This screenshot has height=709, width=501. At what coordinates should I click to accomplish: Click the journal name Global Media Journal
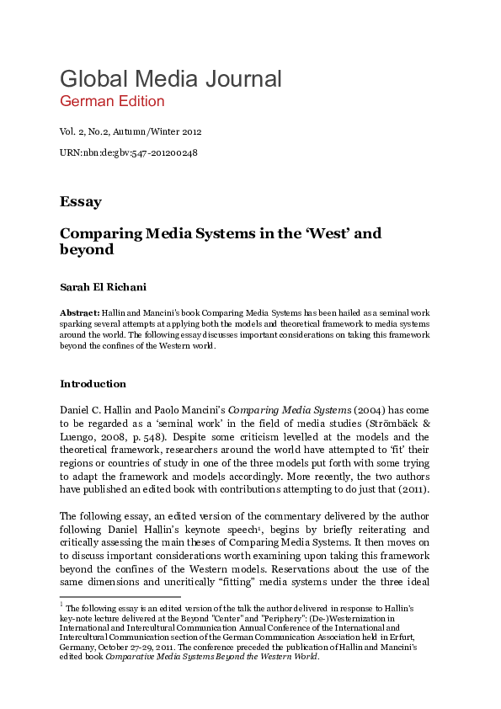click(x=170, y=79)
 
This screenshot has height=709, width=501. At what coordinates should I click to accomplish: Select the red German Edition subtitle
click(x=112, y=102)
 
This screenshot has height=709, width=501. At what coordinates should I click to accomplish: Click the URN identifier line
click(x=128, y=152)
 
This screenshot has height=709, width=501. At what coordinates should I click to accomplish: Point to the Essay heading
click(x=81, y=202)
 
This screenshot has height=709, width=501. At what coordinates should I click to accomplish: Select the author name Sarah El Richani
click(x=103, y=286)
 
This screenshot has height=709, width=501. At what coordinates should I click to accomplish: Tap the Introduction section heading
click(x=93, y=384)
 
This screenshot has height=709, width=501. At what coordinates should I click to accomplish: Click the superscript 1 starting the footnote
click(x=61, y=604)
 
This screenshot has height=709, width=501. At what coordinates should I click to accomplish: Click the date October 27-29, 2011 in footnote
click(x=136, y=650)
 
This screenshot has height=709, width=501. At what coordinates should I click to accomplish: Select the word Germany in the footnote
click(x=77, y=650)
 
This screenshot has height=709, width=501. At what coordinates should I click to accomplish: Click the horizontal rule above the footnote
click(x=120, y=596)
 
